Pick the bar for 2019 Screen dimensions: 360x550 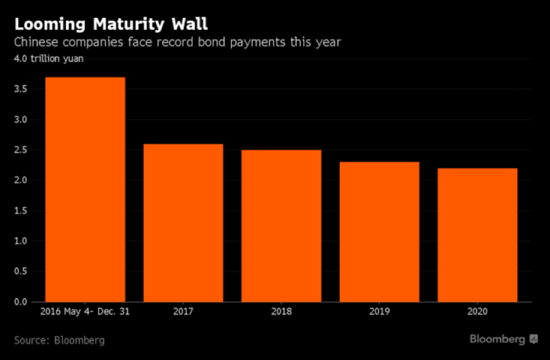(x=379, y=232)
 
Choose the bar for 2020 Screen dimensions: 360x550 (x=477, y=234)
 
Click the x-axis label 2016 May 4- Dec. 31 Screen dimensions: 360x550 (x=86, y=311)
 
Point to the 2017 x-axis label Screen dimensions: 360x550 (x=183, y=311)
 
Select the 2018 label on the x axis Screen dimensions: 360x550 (x=281, y=311)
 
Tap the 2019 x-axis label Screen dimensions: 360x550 (x=379, y=311)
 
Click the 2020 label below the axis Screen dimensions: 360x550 (x=477, y=311)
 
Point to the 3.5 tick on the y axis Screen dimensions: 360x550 (x=22, y=89)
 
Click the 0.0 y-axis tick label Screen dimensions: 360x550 (x=22, y=302)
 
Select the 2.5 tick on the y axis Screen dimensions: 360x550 (x=22, y=150)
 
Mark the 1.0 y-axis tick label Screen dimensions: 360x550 (x=22, y=241)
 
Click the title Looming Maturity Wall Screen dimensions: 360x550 (x=111, y=25)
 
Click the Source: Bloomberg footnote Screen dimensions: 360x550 (x=59, y=340)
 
